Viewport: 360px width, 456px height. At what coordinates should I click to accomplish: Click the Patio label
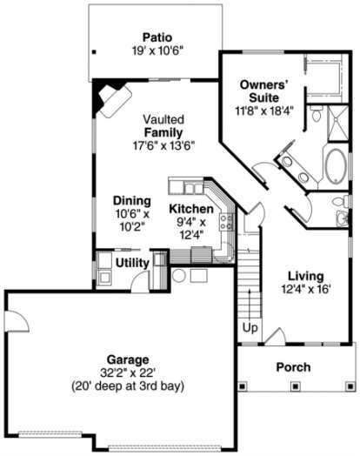[157, 37]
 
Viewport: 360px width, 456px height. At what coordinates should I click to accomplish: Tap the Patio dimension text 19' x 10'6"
[158, 51]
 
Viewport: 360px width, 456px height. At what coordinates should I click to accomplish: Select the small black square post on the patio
[94, 52]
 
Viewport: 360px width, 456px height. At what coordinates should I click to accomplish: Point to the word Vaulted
[163, 119]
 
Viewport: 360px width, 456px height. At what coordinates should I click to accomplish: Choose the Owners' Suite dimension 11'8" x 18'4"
[263, 111]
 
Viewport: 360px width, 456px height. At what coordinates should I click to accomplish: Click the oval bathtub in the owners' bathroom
[337, 166]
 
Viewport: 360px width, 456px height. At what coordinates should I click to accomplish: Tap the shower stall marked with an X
[338, 124]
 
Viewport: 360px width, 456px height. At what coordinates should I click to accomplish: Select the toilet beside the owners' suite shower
[317, 114]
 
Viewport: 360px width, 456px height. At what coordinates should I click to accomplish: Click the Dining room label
[132, 201]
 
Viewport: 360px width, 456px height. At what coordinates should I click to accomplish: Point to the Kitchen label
[191, 209]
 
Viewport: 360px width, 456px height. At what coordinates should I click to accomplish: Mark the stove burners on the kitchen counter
[227, 222]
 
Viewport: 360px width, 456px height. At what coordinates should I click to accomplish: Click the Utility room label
[132, 263]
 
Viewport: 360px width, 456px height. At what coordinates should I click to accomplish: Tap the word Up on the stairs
[250, 328]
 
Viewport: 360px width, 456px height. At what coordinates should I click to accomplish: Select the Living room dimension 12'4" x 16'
[306, 290]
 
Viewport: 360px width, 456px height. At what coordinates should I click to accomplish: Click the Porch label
[293, 367]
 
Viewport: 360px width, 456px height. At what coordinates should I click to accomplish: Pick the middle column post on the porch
[295, 386]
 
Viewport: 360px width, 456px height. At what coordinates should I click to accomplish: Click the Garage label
[128, 359]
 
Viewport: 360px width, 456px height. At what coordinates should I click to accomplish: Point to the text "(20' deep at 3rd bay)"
[128, 386]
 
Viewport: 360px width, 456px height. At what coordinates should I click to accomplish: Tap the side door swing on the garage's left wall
[18, 321]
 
